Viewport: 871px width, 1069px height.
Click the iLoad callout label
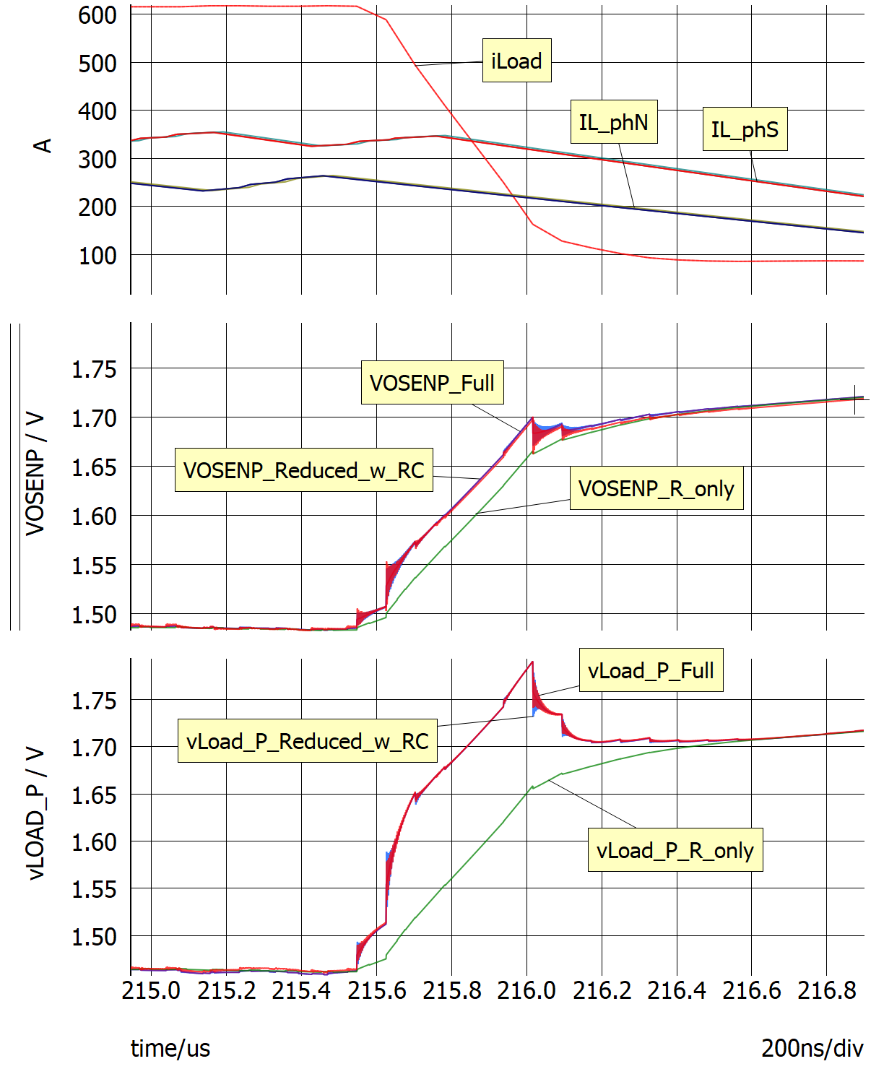coord(516,61)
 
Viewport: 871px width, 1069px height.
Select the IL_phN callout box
coord(613,122)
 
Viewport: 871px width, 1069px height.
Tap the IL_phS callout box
coord(744,129)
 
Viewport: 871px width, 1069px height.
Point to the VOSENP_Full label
coord(432,382)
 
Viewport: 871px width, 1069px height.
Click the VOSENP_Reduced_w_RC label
coord(303,470)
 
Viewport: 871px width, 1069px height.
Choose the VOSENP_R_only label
coord(656,488)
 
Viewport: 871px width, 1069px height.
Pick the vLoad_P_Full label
coord(651,670)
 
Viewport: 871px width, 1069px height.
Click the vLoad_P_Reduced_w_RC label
coord(307,741)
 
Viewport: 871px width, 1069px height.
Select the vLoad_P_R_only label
coord(675,850)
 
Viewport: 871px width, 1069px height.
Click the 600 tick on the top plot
coord(97,14)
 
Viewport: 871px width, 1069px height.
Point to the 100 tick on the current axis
coord(97,256)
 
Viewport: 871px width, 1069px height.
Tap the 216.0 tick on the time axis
coord(526,990)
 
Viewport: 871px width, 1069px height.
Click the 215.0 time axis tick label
coord(151,990)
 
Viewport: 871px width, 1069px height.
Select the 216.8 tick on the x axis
coord(826,990)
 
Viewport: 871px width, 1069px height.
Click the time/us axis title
coord(170,1048)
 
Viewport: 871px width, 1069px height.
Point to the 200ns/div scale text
coord(812,1048)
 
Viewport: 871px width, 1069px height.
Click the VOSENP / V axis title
coord(35,474)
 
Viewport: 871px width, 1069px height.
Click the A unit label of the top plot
coord(43,146)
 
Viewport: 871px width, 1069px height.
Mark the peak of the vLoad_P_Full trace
coord(532,662)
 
